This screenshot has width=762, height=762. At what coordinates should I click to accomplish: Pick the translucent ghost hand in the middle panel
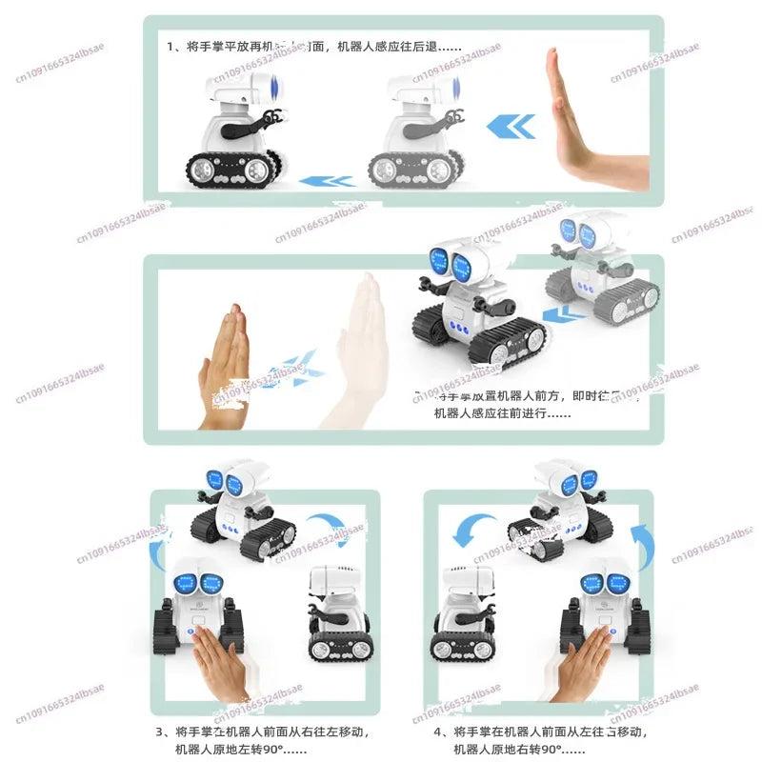pos(362,348)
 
